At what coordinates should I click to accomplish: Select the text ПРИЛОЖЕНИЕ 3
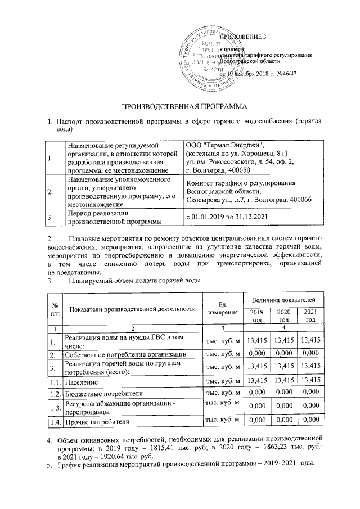[x=242, y=37]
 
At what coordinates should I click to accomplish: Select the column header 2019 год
[x=256, y=316]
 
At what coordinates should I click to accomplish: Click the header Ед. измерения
[x=222, y=308]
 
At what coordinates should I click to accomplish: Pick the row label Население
[x=83, y=382]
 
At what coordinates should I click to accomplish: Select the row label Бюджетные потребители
[x=104, y=393]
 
